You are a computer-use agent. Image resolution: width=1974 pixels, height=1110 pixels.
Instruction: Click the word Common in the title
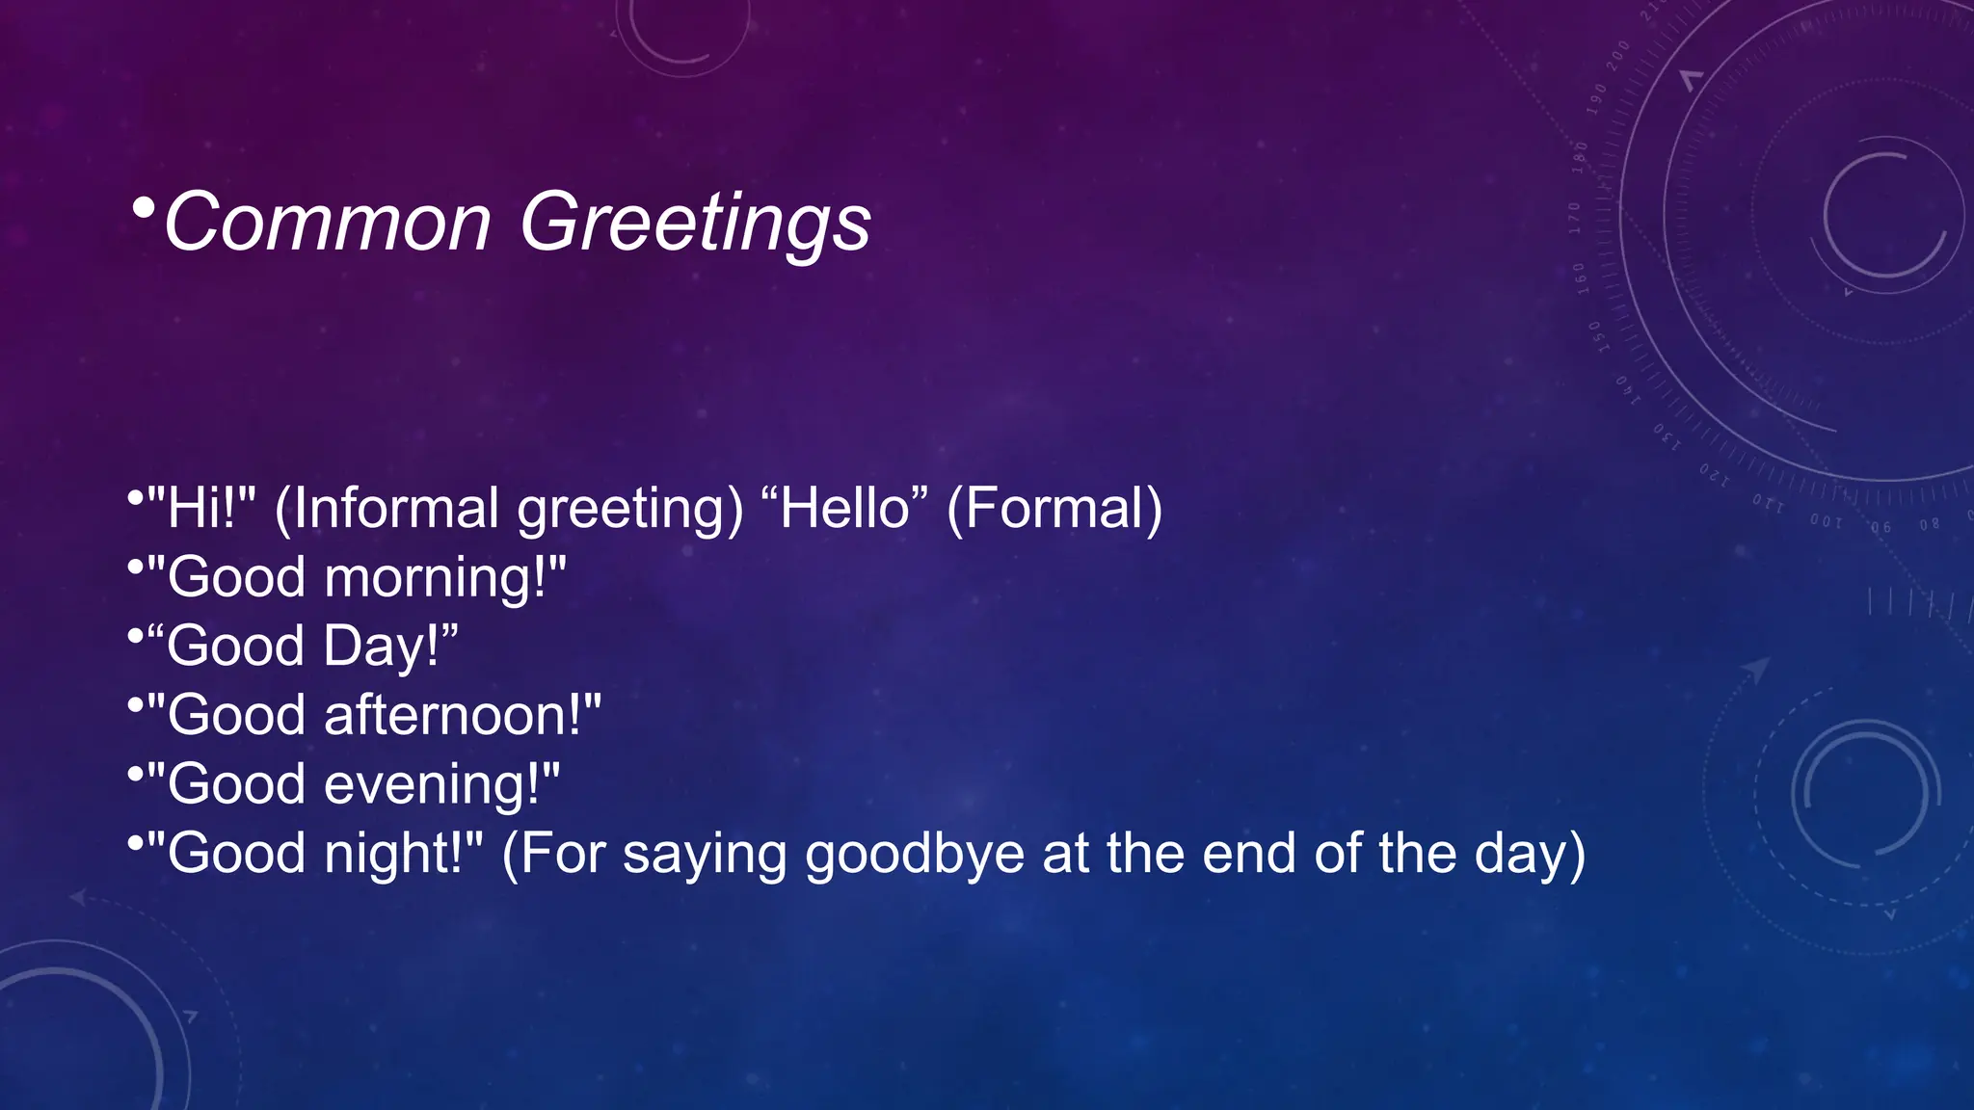pos(328,223)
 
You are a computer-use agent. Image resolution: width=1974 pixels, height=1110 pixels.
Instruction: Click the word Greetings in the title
pos(695,223)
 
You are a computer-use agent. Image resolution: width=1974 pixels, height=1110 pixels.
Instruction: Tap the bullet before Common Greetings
pos(144,207)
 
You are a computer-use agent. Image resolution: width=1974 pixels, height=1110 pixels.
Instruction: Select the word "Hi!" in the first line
pos(201,508)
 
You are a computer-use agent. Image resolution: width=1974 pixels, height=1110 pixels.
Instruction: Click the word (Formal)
pos(1054,508)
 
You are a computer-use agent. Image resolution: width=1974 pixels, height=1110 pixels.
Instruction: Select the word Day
pos(382,647)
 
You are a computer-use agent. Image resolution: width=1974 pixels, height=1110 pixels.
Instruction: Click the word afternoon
pos(453,715)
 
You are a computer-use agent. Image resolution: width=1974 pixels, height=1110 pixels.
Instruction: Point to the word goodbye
pos(915,854)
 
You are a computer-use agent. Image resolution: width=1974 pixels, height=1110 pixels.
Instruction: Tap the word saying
pos(705,854)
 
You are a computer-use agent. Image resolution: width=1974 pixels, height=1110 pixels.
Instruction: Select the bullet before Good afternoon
pos(135,705)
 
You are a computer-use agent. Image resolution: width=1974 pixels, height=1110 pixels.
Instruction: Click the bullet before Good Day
pos(135,636)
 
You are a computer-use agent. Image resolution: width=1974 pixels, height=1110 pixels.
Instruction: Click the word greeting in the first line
pos(630,510)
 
